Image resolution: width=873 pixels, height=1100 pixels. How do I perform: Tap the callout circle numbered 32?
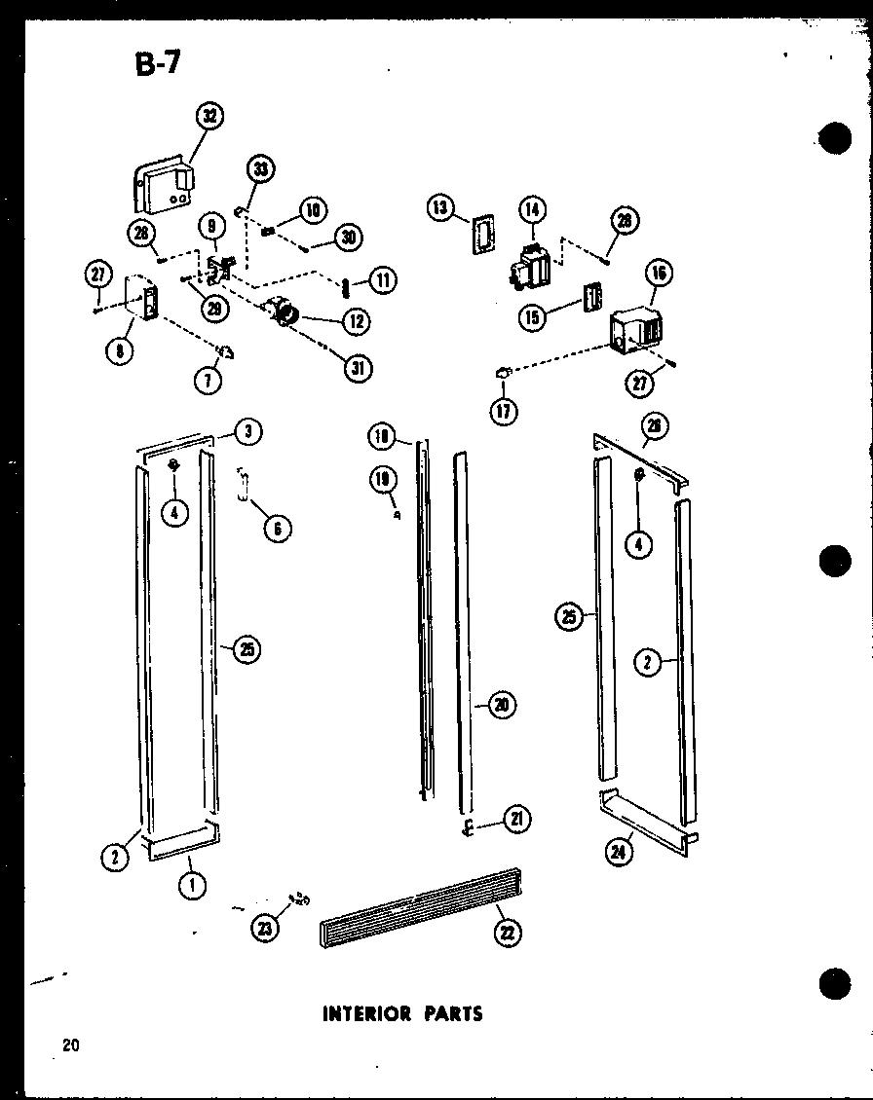(208, 117)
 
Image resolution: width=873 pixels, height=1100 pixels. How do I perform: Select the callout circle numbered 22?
(508, 934)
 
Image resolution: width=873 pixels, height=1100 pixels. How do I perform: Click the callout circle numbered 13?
(440, 206)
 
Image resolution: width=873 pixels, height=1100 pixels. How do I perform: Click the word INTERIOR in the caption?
(365, 1013)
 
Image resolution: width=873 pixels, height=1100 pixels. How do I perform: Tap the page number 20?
(69, 1046)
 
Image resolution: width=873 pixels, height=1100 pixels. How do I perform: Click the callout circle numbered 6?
(278, 528)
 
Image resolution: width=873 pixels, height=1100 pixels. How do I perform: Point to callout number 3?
(249, 433)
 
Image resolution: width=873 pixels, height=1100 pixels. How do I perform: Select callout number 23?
(265, 928)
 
